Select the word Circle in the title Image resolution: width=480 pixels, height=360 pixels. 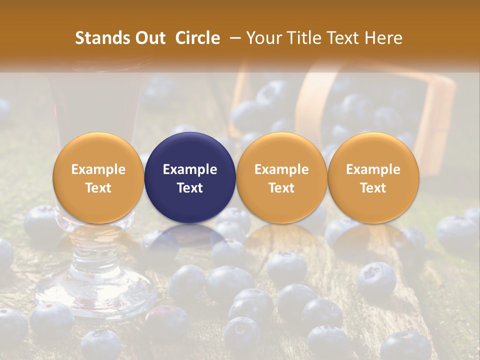(197, 38)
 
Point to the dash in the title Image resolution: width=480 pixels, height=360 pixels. (233, 38)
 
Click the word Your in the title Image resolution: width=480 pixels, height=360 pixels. (263, 38)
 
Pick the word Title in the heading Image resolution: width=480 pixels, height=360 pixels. (302, 38)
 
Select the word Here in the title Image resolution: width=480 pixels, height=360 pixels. (384, 38)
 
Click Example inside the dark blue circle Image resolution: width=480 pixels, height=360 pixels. (190, 169)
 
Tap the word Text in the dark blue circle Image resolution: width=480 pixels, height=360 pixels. (190, 188)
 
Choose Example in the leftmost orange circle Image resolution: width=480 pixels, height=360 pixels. (98, 169)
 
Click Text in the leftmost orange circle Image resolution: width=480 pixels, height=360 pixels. (98, 188)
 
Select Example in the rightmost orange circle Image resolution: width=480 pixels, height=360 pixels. (373, 169)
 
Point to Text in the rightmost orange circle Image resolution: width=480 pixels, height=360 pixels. (373, 188)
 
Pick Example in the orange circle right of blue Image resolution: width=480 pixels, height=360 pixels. (281, 169)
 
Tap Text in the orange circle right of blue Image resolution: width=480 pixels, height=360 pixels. (281, 188)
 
